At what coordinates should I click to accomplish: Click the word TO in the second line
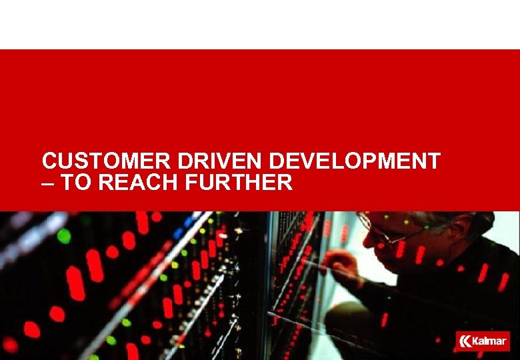(x=75, y=182)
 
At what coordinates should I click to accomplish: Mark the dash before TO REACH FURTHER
(x=48, y=183)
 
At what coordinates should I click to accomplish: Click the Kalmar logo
(x=483, y=341)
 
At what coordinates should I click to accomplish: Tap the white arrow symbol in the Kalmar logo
(x=466, y=341)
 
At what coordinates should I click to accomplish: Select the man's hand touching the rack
(x=340, y=264)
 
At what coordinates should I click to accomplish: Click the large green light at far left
(x=64, y=235)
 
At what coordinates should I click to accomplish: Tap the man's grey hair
(x=460, y=220)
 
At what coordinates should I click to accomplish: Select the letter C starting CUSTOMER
(x=49, y=162)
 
